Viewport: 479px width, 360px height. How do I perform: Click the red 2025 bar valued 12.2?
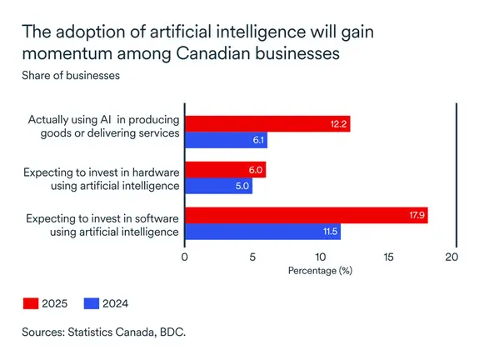click(267, 124)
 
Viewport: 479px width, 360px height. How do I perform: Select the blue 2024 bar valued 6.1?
click(226, 140)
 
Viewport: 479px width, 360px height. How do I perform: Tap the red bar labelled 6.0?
click(225, 169)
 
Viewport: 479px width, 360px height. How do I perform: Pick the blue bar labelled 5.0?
click(218, 186)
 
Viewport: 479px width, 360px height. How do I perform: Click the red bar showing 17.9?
click(306, 216)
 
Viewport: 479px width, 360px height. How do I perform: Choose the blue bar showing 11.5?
click(262, 232)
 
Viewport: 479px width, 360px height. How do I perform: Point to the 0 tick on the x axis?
click(185, 257)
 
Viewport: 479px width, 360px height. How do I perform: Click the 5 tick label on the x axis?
click(252, 257)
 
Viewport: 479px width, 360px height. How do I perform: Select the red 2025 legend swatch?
click(33, 303)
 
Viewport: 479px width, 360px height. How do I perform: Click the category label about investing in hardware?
click(102, 177)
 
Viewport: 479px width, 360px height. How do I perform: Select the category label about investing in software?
click(102, 224)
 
